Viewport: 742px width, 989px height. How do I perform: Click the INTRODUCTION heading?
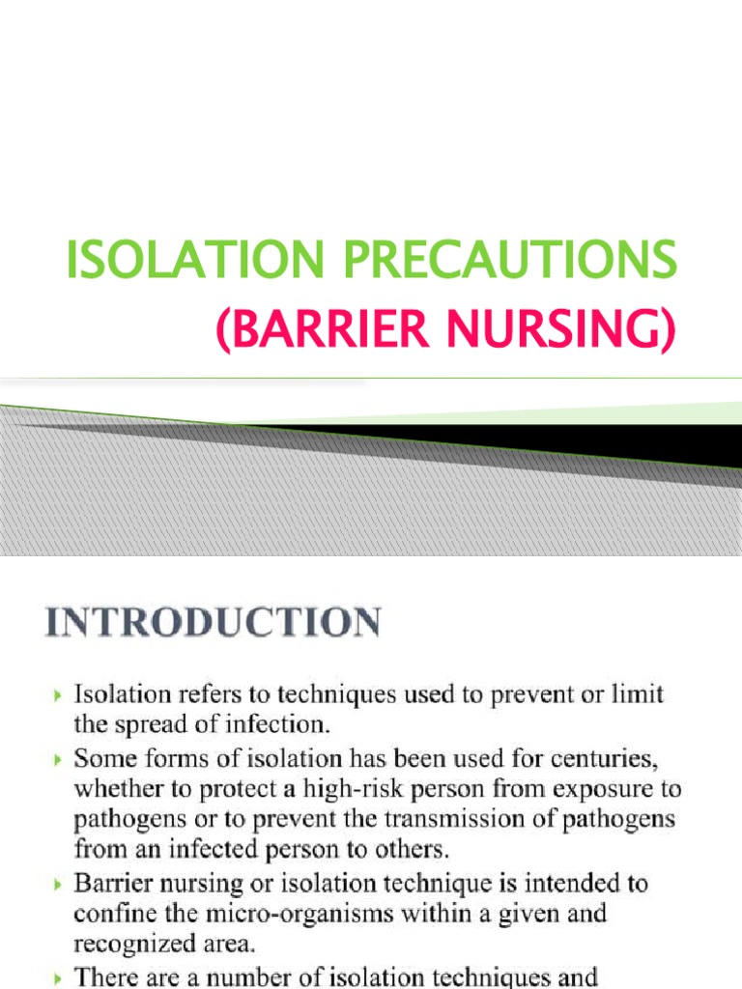(212, 622)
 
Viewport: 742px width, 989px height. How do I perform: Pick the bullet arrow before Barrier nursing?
(59, 883)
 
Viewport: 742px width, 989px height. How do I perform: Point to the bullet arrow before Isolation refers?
(59, 695)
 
